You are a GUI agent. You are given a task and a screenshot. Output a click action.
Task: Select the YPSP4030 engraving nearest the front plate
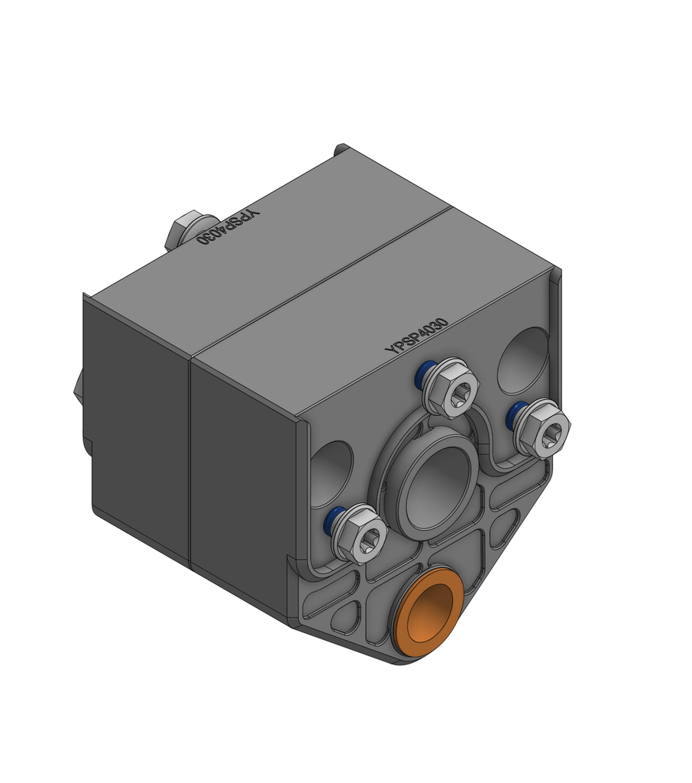416,336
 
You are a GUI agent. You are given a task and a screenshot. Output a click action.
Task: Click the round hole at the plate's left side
331,474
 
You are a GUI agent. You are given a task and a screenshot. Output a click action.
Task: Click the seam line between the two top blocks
321,283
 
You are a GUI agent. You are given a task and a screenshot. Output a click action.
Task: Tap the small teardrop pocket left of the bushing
345,616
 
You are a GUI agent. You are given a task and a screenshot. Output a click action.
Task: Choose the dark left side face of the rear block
137,428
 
